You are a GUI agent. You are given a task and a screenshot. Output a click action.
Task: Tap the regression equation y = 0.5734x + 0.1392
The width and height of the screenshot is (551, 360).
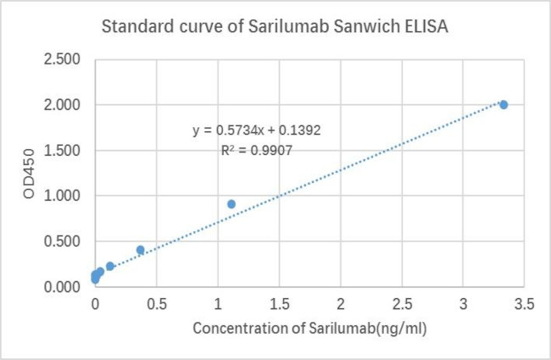pyautogui.click(x=257, y=130)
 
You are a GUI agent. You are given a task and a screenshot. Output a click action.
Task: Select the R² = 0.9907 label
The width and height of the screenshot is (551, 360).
pyautogui.click(x=257, y=150)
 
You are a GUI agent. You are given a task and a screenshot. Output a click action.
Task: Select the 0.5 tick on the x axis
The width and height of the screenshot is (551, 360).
pyautogui.click(x=156, y=303)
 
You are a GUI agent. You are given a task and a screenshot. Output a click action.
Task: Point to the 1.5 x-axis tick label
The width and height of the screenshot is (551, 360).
pyautogui.click(x=279, y=303)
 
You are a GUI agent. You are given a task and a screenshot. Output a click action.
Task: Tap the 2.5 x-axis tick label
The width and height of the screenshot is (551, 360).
pyautogui.click(x=402, y=303)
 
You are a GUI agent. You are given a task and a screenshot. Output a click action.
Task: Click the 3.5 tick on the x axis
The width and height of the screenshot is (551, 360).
pyautogui.click(x=524, y=303)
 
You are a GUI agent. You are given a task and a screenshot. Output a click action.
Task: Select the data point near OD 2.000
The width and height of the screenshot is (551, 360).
pyautogui.click(x=504, y=104)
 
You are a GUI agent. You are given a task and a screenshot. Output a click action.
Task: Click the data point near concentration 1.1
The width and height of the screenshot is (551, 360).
pyautogui.click(x=231, y=204)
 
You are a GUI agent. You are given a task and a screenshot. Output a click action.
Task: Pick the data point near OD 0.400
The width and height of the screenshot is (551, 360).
pyautogui.click(x=141, y=250)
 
